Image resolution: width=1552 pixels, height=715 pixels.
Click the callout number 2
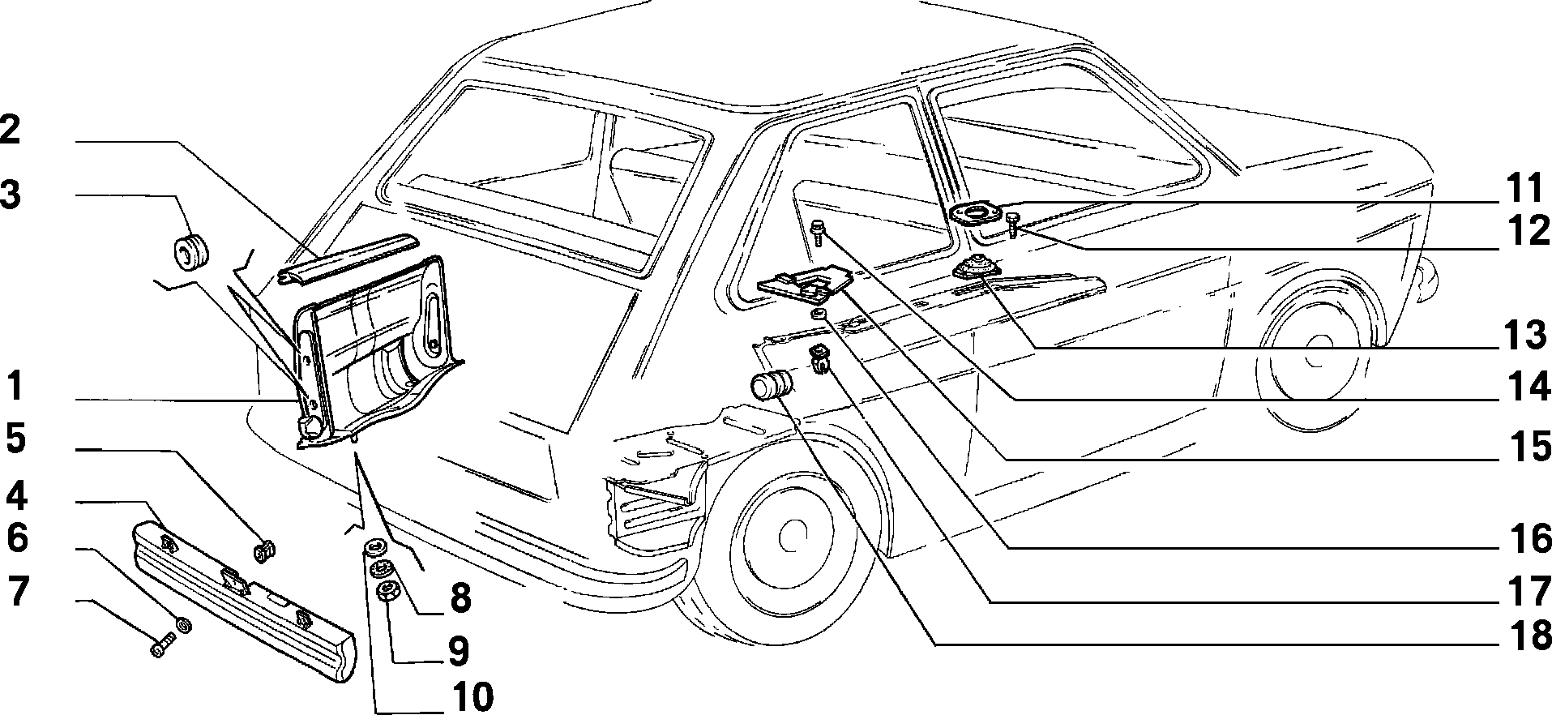point(9,131)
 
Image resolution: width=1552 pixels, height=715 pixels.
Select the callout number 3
point(11,195)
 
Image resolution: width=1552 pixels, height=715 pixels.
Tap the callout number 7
point(19,593)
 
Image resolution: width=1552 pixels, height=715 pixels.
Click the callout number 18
point(1525,635)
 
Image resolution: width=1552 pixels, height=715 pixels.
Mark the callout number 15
point(1525,447)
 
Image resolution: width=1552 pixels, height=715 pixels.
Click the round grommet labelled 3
point(192,250)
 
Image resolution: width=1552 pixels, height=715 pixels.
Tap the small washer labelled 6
point(184,625)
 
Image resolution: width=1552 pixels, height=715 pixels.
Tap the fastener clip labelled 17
point(820,358)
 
